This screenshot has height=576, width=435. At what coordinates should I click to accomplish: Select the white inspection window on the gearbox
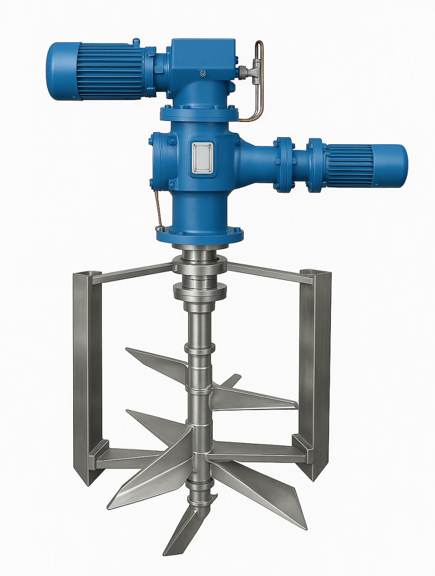click(202, 157)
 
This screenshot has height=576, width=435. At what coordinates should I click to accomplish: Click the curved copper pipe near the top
click(258, 84)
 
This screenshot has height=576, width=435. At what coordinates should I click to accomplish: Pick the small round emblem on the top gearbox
click(203, 73)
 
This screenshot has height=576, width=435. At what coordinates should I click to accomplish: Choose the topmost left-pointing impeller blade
click(155, 363)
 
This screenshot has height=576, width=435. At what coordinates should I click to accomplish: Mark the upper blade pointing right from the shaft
click(253, 398)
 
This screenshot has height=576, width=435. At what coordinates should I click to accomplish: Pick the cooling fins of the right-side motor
click(349, 166)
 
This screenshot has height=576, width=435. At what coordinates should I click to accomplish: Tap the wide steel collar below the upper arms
click(200, 291)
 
